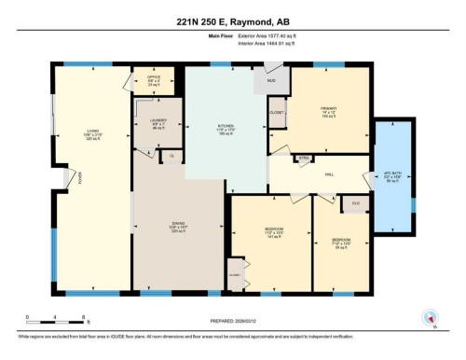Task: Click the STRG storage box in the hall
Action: click(303, 159)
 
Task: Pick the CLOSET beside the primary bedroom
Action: click(277, 113)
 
